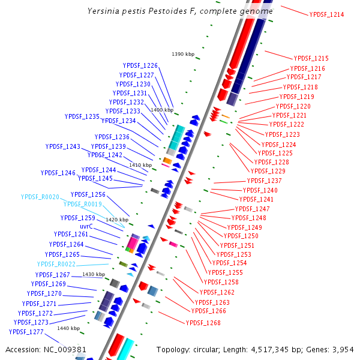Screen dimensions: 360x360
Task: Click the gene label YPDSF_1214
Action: coord(326,14)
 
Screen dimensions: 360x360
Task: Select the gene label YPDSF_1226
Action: coord(140,65)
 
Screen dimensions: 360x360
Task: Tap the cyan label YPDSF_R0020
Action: coord(40,197)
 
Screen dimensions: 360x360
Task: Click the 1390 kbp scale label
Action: coord(183,54)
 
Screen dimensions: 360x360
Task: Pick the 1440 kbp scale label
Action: coord(68,328)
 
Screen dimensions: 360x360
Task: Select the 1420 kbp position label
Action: coord(117,220)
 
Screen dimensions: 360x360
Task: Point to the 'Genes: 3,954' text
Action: coord(333,349)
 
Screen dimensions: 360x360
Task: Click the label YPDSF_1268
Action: coord(203,323)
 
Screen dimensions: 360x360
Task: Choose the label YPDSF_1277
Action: coord(26,332)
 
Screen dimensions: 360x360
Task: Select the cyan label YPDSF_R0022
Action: coord(56,264)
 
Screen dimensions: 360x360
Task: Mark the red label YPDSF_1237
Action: coord(264,181)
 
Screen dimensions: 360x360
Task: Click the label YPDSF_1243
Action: coord(62,146)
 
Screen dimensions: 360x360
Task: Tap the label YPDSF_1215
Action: coord(311,58)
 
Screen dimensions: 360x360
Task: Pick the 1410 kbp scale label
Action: coord(140,165)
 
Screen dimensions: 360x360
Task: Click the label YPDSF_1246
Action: coord(58,173)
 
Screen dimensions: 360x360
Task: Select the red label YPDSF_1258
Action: coord(221,282)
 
